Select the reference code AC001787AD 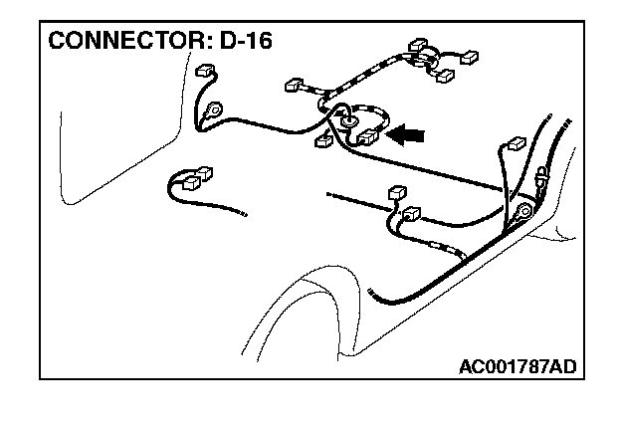point(517,366)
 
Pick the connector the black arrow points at point(366,136)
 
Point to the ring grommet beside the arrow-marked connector point(348,123)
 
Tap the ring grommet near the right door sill point(523,211)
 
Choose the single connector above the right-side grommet point(516,142)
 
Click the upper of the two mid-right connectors point(396,191)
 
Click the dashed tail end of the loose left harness point(239,212)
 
